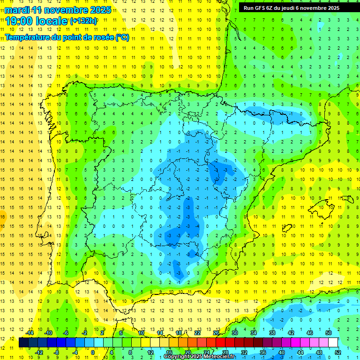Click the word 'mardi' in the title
(18, 10)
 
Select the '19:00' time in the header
(19, 21)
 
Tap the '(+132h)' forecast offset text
(83, 21)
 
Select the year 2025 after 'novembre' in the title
(100, 10)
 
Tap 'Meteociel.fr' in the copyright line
(217, 357)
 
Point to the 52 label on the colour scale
(338, 352)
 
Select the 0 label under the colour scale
(93, 352)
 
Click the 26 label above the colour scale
(216, 333)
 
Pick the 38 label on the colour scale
(272, 333)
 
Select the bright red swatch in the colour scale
(221, 343)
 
